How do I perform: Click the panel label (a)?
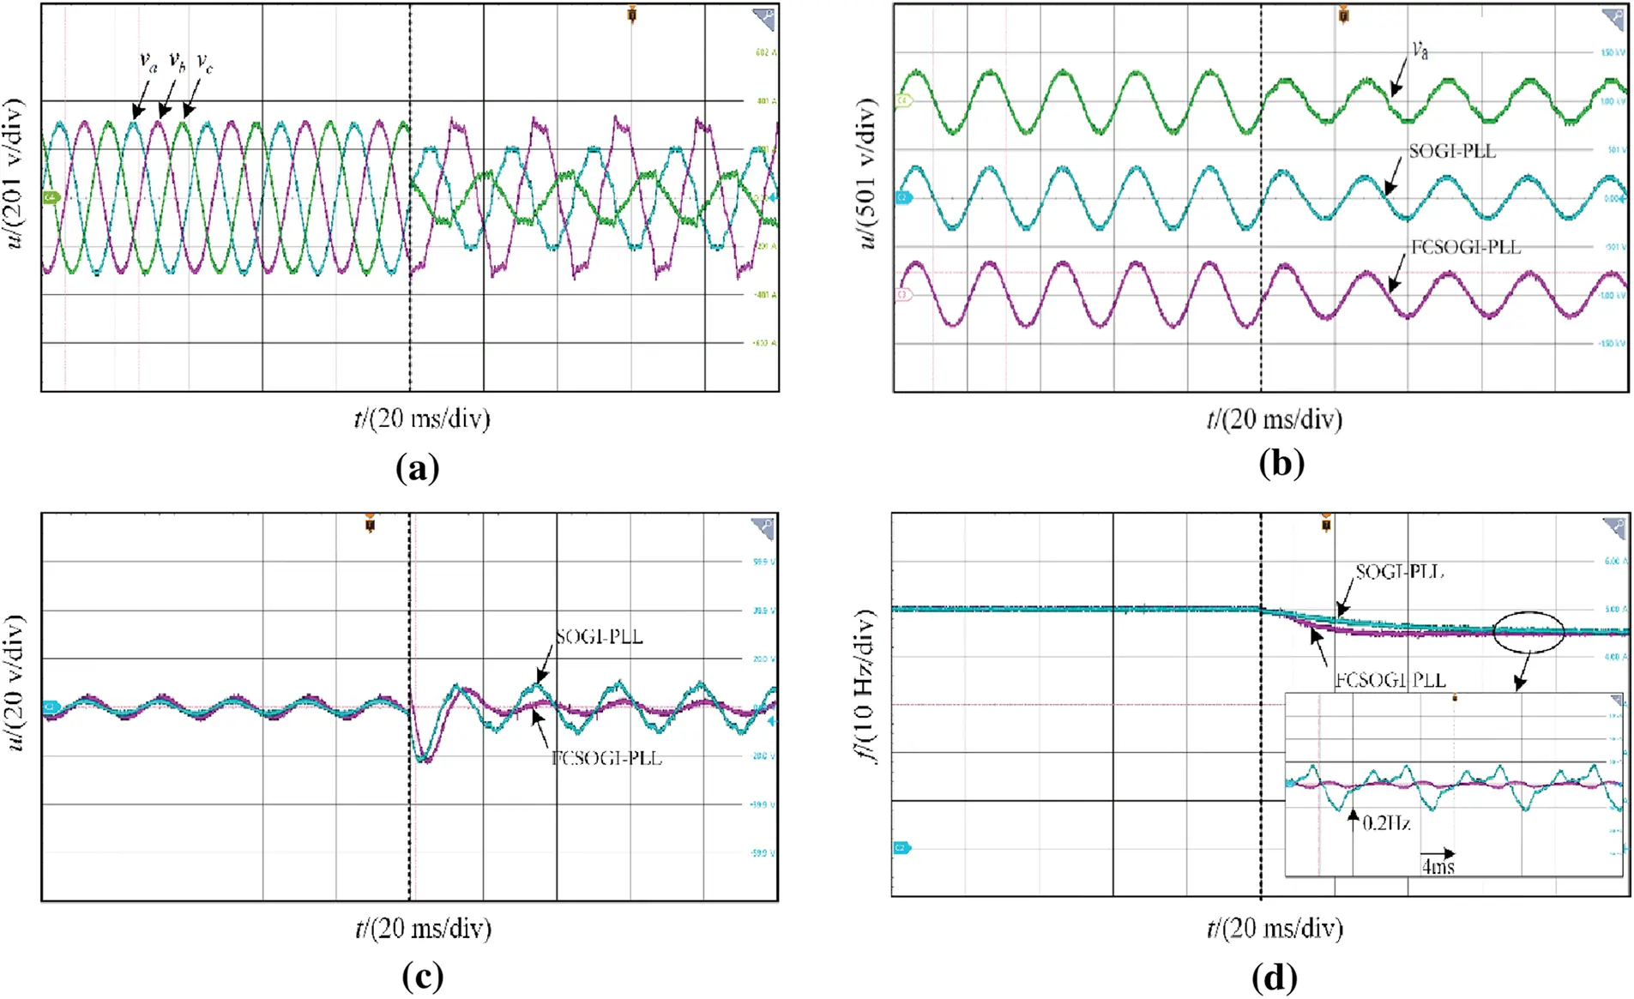point(418,468)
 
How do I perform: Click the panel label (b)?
point(1281,463)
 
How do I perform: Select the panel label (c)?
point(422,976)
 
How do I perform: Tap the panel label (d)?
point(1275,977)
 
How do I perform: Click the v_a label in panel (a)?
point(148,62)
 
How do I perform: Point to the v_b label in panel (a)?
point(177,61)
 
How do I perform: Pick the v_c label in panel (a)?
point(204,62)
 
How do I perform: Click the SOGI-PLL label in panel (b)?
point(1452,151)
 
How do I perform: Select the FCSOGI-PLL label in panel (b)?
point(1466,248)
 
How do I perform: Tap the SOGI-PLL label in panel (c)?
point(599,637)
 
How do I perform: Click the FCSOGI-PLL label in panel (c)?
point(606,758)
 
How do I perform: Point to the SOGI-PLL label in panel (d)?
point(1399,572)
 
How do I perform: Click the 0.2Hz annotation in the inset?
point(1386,823)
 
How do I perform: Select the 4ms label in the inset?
point(1438,866)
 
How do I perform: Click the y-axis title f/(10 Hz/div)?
point(866,686)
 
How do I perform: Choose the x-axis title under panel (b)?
point(1274,419)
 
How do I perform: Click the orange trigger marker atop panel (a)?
point(632,15)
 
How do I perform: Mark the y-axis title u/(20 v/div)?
point(15,683)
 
